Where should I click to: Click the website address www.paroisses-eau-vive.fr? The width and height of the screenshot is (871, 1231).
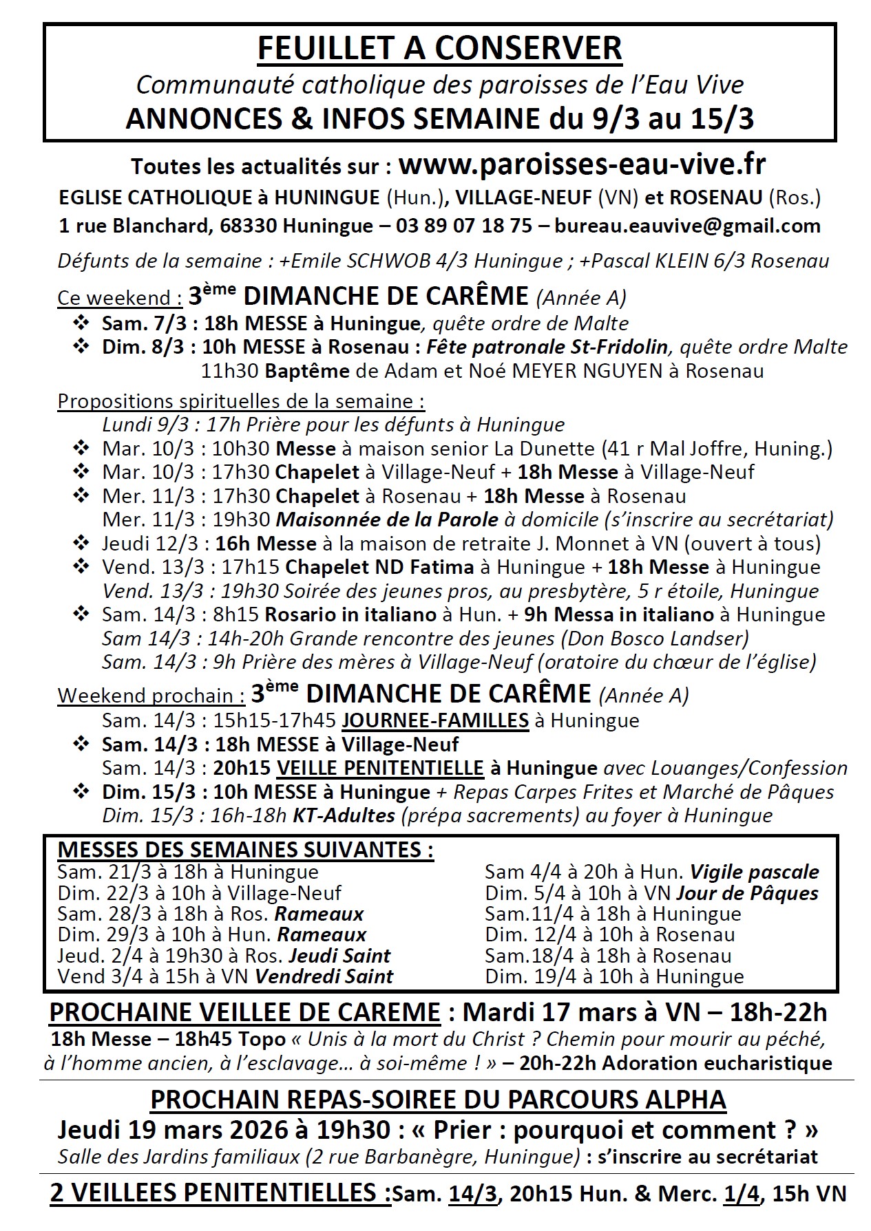pos(582,166)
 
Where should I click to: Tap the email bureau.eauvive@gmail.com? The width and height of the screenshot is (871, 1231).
pos(687,226)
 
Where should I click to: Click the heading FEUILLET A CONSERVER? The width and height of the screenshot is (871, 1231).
pos(439,49)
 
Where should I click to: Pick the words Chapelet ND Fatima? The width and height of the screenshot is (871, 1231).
pos(379,568)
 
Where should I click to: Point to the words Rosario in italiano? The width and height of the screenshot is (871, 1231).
pos(351,614)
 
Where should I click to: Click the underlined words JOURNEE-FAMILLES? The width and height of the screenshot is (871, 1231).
pos(435,720)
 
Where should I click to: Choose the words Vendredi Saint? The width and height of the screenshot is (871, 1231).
pos(324,976)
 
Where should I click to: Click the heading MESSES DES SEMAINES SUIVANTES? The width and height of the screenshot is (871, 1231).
pos(245,850)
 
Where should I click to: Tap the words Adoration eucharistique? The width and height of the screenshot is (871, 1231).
pos(717,1063)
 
